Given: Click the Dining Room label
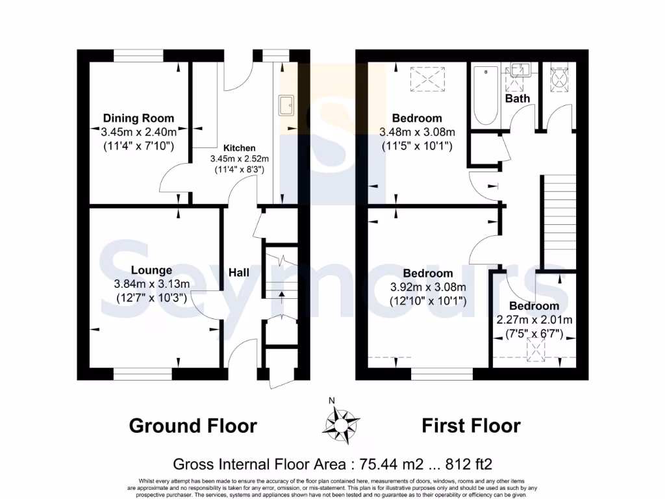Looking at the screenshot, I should click(x=138, y=118).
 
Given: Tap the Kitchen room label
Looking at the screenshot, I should click(x=240, y=147).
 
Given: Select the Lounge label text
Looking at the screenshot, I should click(x=151, y=270).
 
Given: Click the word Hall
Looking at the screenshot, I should click(x=239, y=273).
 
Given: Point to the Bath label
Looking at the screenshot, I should click(x=518, y=98).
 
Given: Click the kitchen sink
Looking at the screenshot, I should click(x=286, y=105).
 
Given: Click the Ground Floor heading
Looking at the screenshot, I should click(x=193, y=426).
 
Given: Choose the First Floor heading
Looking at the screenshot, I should click(x=471, y=426).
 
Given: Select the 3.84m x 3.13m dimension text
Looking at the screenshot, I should click(x=151, y=284).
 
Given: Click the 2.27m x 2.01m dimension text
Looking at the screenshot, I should click(x=534, y=320).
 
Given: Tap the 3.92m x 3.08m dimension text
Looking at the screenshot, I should click(x=427, y=287).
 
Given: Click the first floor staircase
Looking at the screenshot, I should click(x=560, y=221).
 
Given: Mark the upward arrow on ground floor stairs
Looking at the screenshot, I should click(x=281, y=296).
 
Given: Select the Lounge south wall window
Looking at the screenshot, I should click(x=144, y=374).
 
